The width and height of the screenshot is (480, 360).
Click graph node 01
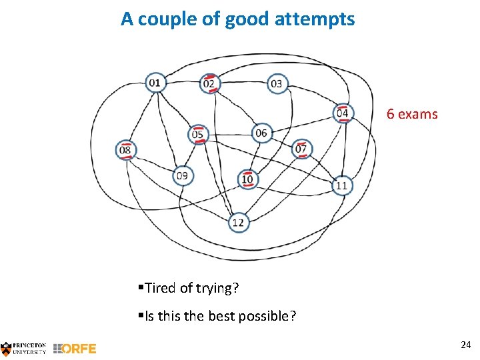pos(155,83)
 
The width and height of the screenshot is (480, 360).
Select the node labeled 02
pos(209,83)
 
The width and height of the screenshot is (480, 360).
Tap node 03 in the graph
pos(276,83)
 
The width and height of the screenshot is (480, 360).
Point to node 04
pos(342,113)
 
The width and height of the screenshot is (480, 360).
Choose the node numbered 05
pos(198,135)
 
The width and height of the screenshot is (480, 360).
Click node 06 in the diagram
pos(261,133)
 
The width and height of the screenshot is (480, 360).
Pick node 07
pos(301,149)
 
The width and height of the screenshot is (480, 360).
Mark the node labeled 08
pos(125,151)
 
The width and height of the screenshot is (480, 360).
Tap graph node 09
pos(182,176)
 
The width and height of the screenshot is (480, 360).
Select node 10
pos(247,179)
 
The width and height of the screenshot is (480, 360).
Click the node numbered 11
pos(341,185)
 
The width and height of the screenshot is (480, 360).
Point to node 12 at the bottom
pos(238,223)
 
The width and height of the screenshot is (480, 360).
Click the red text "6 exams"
pos(412,114)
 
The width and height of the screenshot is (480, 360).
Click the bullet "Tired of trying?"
pos(191,288)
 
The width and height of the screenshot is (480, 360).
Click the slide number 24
pos(465,345)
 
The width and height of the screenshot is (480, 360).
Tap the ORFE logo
pos(75,348)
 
